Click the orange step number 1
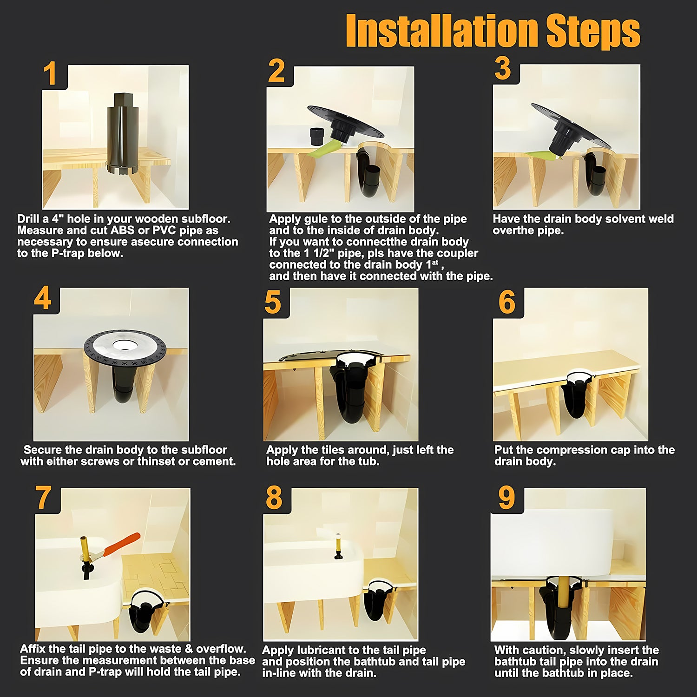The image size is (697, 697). click(50, 74)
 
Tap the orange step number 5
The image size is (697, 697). click(273, 302)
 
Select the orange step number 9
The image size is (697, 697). click(506, 498)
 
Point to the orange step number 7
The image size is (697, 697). click(43, 498)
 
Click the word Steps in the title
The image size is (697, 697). click(593, 31)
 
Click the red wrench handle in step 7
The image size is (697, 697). click(122, 544)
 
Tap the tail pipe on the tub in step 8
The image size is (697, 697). click(337, 546)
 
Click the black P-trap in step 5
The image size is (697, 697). click(348, 395)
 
